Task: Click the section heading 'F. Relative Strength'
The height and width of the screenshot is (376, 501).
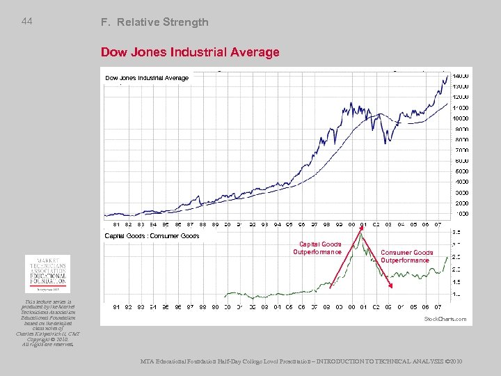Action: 154,22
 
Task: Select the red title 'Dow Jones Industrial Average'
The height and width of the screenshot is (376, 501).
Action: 190,52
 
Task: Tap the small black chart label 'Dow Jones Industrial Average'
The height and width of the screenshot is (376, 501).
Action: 146,78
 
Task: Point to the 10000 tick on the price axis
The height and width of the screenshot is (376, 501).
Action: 461,118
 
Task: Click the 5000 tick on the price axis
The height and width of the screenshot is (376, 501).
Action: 461,171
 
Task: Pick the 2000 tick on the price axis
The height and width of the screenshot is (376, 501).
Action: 461,203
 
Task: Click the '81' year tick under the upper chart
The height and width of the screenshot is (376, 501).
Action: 116,224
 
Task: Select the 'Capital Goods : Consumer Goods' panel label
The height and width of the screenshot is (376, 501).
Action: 152,236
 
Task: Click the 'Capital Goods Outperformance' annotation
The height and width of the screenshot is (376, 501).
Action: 320,248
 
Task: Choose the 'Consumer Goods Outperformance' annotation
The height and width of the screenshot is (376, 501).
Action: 407,256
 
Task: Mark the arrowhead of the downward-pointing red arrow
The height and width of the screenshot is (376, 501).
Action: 390,286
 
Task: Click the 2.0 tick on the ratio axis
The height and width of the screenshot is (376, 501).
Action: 456,269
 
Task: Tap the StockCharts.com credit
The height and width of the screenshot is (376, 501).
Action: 445,319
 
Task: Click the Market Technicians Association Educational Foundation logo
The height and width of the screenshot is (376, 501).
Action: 47,274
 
